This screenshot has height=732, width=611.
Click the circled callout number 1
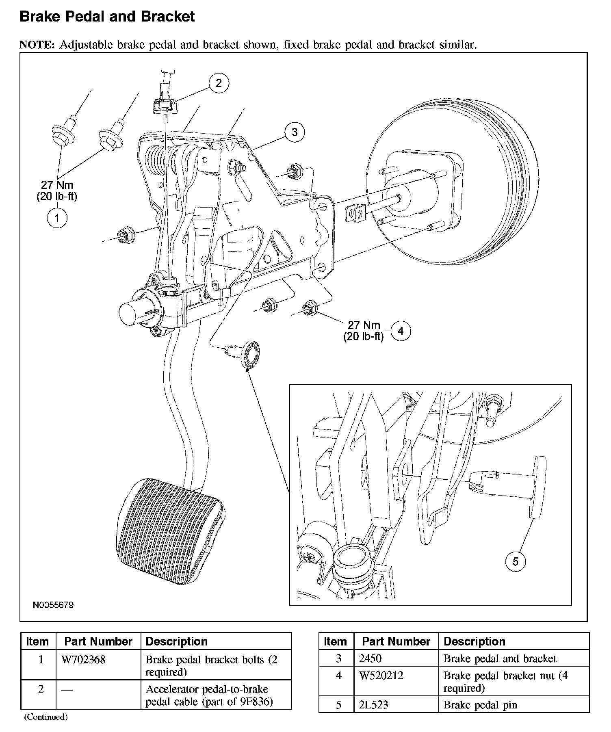[57, 218]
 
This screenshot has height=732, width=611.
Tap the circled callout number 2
[219, 83]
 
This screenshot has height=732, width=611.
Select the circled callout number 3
[295, 132]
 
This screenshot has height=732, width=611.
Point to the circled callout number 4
[401, 331]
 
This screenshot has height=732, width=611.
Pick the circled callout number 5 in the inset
[516, 561]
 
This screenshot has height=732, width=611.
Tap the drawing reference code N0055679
[53, 605]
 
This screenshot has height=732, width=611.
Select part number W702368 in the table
[83, 660]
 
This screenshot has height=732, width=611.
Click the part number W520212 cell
[381, 676]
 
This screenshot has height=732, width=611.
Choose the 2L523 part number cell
[373, 705]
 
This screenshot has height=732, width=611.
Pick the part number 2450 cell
[370, 658]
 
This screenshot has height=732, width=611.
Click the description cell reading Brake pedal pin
[480, 705]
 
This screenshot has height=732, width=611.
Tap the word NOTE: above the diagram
[37, 45]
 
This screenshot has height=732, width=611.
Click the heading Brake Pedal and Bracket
[107, 17]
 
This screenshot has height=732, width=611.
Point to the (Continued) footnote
[45, 717]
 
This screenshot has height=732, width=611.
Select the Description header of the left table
[176, 641]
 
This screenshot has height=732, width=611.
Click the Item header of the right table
[335, 641]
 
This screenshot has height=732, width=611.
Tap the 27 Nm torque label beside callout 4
[364, 325]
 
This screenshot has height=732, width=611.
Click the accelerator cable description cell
[209, 695]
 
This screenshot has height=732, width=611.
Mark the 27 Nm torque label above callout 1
[57, 186]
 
